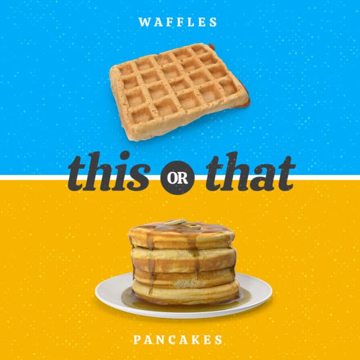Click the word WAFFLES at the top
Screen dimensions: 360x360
[178, 22]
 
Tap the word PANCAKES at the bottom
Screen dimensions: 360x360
[178, 340]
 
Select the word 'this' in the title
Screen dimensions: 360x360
[109, 172]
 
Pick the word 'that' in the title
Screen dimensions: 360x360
[251, 172]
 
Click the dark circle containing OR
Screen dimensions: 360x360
[178, 178]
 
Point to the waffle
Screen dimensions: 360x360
[179, 92]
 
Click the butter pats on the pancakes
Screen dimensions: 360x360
[182, 224]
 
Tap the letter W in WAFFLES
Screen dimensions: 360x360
[145, 22]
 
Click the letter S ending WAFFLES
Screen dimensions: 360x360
[213, 22]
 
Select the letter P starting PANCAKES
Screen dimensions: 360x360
[137, 340]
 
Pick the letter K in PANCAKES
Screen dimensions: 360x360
[195, 340]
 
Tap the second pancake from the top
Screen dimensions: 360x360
[183, 259]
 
